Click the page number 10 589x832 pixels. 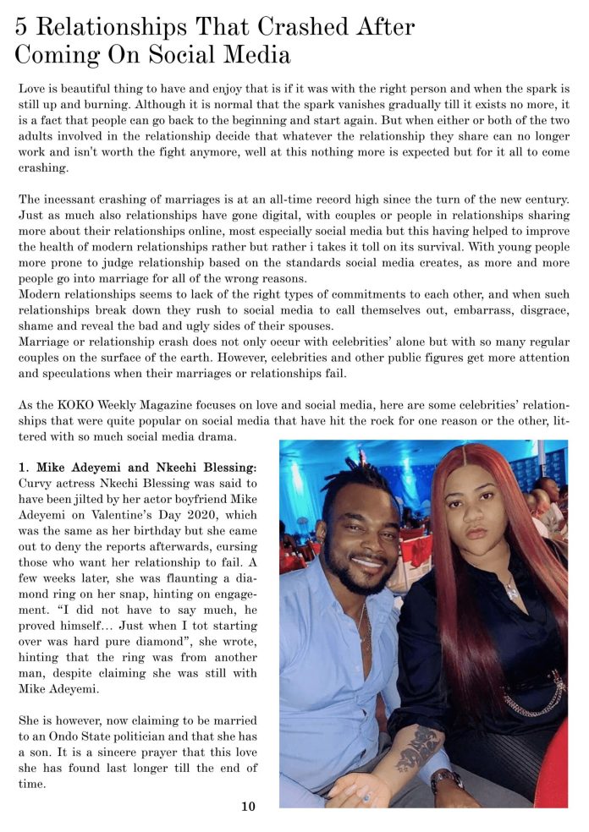(x=248, y=806)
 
